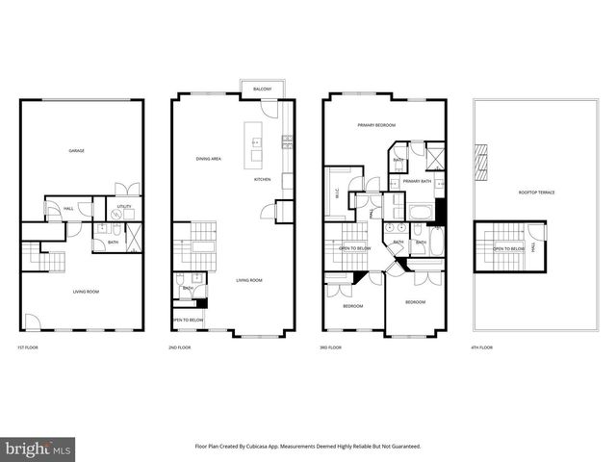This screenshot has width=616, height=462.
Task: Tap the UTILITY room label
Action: [125, 206]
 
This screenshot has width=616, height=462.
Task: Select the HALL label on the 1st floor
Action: [68, 208]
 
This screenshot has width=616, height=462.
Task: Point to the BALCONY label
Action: [262, 89]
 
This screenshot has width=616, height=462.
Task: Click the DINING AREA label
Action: [209, 159]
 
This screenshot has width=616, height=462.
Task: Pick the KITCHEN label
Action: [262, 180]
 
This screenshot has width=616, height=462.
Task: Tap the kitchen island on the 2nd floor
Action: [257, 143]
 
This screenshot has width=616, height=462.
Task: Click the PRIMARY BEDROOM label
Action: [377, 125]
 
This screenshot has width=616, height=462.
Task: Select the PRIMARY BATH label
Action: [418, 181]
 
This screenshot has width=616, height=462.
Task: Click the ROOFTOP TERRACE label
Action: [536, 192]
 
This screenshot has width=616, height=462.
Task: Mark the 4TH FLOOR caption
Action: [480, 346]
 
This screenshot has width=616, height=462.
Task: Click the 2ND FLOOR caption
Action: [180, 346]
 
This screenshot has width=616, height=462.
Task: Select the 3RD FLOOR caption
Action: [330, 346]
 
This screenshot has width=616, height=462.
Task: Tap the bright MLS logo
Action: [39, 448]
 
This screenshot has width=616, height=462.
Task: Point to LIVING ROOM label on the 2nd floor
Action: [249, 281]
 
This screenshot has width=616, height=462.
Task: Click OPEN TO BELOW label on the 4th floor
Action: [508, 248]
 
